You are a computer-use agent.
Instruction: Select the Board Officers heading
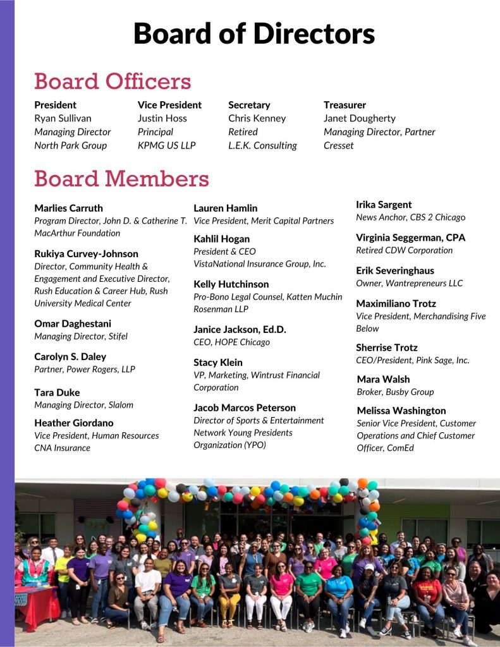[113, 82]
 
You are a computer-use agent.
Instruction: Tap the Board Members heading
[121, 179]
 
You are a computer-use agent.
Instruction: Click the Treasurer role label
[345, 105]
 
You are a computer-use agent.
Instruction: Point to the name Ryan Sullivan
[63, 118]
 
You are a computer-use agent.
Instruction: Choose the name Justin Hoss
[162, 118]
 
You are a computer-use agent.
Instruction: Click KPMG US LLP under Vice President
[167, 145]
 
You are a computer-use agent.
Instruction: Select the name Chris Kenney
[257, 118]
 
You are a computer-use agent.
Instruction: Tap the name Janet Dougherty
[360, 118]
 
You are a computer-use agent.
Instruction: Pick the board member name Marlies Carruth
[68, 208]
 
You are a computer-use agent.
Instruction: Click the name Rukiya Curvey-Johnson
[86, 253]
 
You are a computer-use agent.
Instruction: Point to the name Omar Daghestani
[73, 323]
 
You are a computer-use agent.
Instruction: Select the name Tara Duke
[57, 392]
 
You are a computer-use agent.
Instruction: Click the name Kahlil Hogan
[221, 239]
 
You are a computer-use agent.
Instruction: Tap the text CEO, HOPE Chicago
[231, 342]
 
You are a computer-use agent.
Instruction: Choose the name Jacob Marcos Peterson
[244, 408]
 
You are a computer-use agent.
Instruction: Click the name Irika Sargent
[384, 204]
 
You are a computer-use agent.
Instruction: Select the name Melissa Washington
[401, 410]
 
